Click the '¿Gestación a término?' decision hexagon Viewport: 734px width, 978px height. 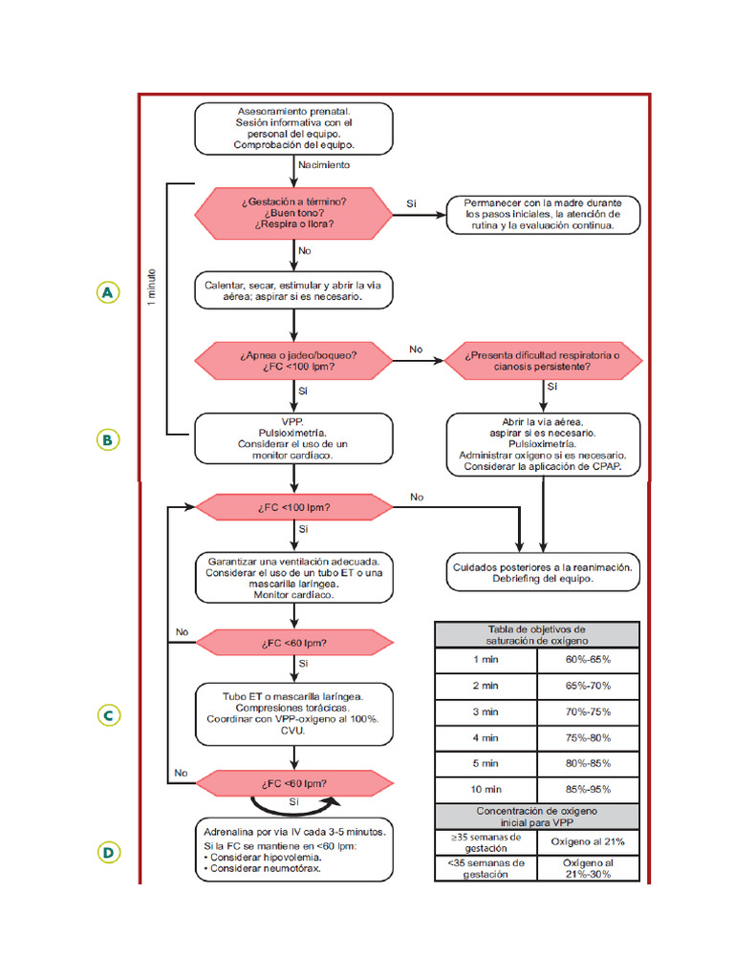click(294, 213)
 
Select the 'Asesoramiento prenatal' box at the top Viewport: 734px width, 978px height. click(294, 129)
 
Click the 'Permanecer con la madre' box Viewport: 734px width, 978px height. click(543, 215)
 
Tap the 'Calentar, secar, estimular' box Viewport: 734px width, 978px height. click(294, 291)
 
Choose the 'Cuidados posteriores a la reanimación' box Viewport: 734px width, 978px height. click(542, 572)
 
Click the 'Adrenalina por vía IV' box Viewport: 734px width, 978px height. click(294, 850)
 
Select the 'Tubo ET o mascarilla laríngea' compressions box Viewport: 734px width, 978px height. click(294, 710)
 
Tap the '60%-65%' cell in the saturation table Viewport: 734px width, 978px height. click(588, 659)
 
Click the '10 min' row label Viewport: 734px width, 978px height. click(486, 790)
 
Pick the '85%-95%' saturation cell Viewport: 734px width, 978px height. click(588, 790)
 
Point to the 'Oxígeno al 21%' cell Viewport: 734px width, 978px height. click(588, 841)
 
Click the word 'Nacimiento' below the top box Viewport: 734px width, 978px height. click(324, 165)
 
